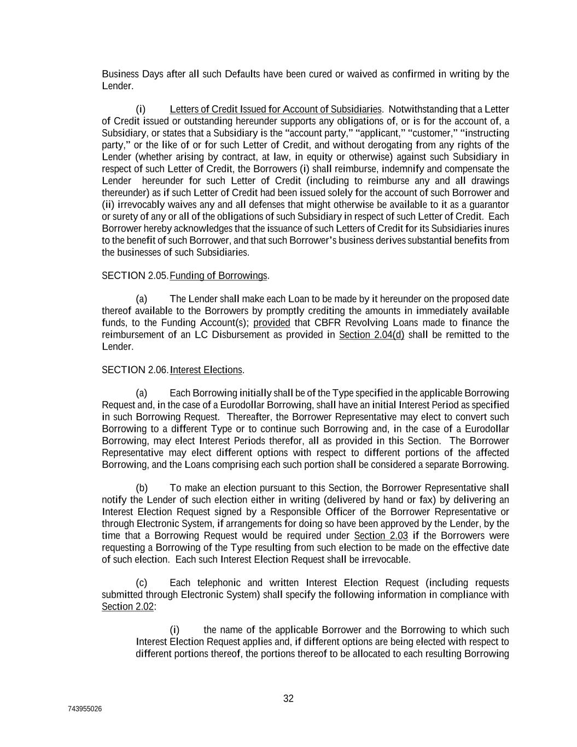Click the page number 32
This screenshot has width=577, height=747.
tap(288, 698)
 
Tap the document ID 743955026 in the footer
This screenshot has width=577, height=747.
tap(85, 709)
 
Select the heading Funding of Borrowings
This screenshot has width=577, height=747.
tap(219, 275)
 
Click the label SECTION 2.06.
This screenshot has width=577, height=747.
tap(135, 370)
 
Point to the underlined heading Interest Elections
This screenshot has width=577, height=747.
tap(206, 370)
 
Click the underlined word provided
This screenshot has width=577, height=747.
tap(272, 323)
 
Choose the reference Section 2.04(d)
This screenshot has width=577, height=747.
tap(371, 335)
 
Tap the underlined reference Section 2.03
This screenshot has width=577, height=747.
tap(381, 536)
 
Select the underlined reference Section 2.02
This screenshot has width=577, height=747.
tap(127, 607)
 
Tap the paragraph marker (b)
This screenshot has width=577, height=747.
tap(142, 488)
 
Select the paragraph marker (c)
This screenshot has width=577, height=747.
tap(142, 583)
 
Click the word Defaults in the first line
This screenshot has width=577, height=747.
tap(242, 74)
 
